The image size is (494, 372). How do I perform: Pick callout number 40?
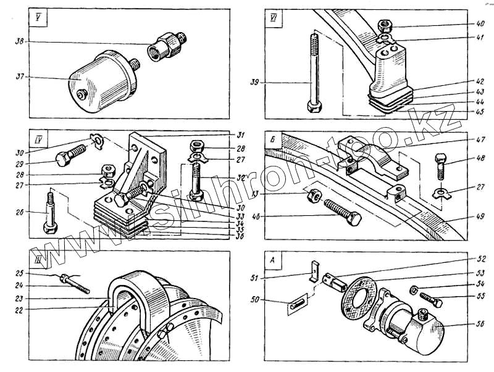pos(463,25)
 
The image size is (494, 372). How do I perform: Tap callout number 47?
pos(463,140)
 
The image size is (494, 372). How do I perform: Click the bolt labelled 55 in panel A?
pos(430,300)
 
